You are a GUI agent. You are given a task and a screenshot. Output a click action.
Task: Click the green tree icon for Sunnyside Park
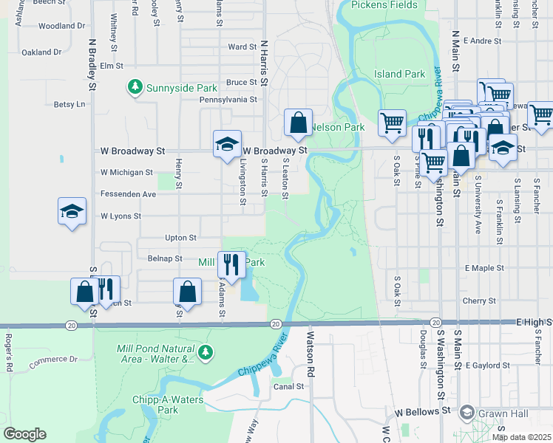[135, 88]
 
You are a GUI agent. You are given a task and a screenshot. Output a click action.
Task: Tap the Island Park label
[399, 74]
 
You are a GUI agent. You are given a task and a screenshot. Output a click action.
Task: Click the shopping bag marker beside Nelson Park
[299, 123]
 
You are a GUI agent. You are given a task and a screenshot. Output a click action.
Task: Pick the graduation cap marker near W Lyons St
[72, 211]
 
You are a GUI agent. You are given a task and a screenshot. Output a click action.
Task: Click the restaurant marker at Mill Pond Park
[231, 264]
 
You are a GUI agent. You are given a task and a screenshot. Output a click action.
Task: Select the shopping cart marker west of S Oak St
[392, 122]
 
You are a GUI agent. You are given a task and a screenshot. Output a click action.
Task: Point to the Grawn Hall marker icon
[467, 411]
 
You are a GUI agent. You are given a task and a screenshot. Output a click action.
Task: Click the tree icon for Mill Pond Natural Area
[204, 351]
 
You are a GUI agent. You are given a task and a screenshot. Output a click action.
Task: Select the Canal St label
[289, 386]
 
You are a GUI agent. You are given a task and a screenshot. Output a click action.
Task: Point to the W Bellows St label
[423, 411]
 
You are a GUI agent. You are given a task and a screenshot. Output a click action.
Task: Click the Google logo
[24, 433]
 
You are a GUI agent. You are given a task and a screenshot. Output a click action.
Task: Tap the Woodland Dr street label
[61, 26]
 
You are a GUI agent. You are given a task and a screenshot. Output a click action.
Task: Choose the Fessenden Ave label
[128, 194]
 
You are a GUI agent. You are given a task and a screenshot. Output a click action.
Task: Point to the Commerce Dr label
[52, 361]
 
